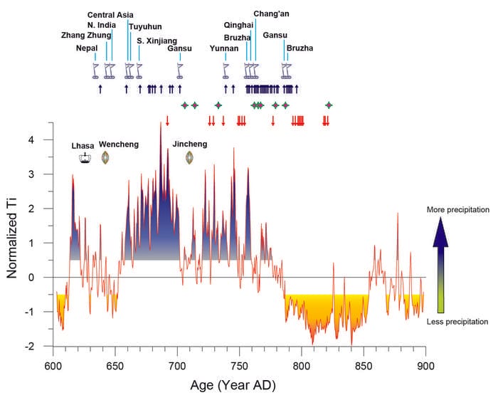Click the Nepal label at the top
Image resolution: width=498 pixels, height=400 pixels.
[87, 48]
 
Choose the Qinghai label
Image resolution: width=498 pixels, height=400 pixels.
[238, 25]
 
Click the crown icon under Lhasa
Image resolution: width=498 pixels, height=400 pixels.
[85, 158]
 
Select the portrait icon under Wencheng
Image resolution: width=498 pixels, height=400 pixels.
[105, 157]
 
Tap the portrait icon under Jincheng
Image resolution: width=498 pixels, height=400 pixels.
[190, 157]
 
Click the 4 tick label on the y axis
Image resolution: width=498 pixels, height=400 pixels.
[42, 140]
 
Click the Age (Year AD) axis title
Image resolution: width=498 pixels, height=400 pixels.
[233, 385]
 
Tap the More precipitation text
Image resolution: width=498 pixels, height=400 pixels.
[458, 211]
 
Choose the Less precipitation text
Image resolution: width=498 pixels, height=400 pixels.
[458, 322]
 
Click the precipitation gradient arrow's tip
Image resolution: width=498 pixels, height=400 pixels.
[441, 219]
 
